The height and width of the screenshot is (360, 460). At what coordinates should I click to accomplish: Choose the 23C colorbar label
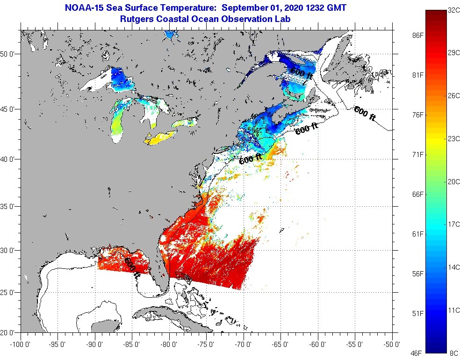pos(453,138)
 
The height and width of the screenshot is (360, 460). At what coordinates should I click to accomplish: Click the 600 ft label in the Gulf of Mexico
pos(132,268)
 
